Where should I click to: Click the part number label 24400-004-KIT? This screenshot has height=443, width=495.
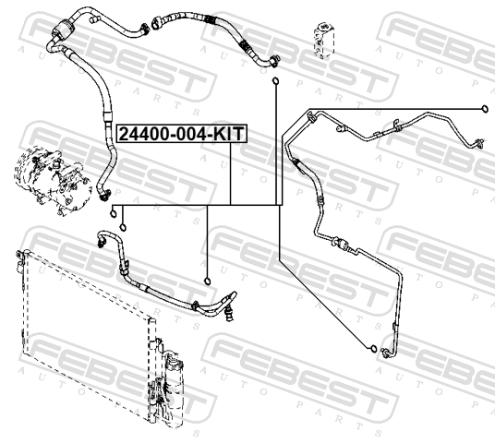pos(182,134)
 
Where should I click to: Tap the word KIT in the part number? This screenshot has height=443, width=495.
pos(228,134)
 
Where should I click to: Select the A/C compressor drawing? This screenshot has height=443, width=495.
pos(52,180)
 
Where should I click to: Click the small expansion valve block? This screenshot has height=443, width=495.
pos(321,41)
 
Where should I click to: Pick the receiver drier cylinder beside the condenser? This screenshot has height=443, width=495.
pos(174,389)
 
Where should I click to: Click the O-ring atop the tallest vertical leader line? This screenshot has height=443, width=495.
pos(275,81)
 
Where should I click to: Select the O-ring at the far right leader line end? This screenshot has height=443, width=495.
pos(485,109)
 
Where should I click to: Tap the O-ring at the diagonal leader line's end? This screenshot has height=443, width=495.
pos(373,348)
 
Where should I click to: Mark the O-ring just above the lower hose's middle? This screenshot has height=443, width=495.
pos(208,281)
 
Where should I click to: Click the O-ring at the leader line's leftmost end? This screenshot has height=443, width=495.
pos(113,214)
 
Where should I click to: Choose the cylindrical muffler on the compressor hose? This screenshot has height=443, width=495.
pos(64,29)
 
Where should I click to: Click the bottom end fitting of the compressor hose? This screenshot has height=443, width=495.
pos(104,195)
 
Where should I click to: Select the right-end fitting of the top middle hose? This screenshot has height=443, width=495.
pos(274,61)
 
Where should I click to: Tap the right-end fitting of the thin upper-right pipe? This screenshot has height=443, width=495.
pos(479,143)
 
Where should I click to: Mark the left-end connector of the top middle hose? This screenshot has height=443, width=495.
pos(156,23)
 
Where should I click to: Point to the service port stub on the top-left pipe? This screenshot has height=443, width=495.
pos(94,20)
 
